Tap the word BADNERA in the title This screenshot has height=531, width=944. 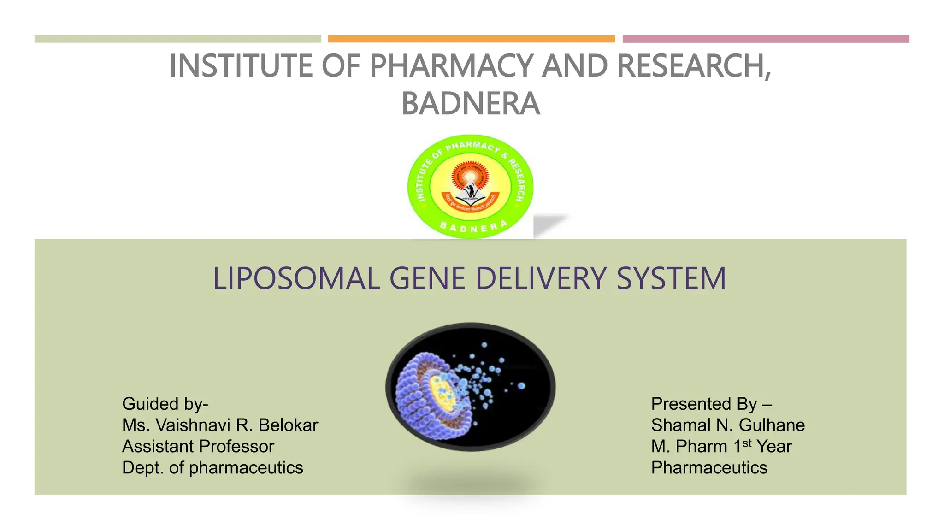(x=471, y=104)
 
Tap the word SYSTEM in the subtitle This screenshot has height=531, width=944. (x=671, y=279)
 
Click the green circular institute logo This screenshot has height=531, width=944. (x=470, y=187)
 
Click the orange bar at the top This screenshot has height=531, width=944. (x=471, y=39)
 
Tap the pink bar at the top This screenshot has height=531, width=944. (x=766, y=39)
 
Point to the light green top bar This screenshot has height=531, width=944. (x=177, y=39)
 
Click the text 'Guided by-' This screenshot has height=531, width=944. (x=165, y=404)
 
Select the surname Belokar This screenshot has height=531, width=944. (x=288, y=425)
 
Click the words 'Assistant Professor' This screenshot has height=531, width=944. (x=198, y=446)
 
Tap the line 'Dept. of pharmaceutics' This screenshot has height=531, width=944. (x=212, y=467)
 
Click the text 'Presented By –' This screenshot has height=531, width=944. (x=711, y=404)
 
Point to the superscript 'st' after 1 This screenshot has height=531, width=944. (x=747, y=443)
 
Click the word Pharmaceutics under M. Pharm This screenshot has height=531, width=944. (x=709, y=467)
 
